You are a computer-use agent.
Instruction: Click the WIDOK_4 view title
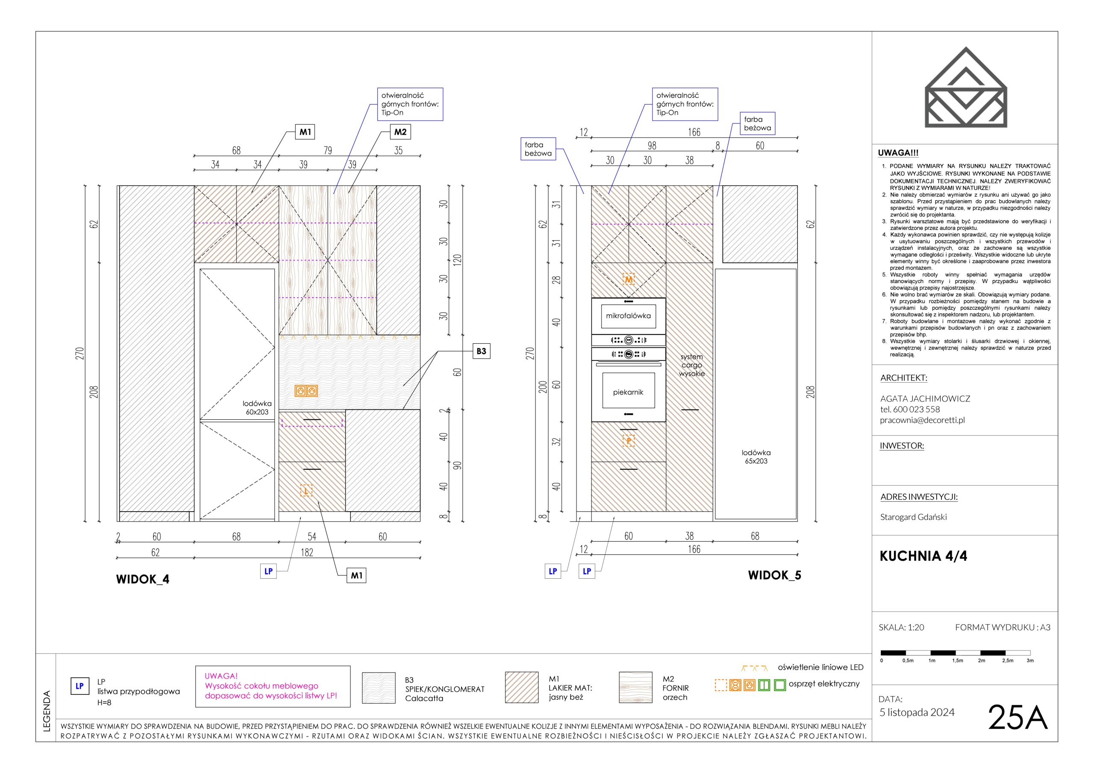(142, 579)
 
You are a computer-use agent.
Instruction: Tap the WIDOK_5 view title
(774, 575)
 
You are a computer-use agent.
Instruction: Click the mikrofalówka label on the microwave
(628, 316)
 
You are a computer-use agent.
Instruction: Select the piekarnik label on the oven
(628, 392)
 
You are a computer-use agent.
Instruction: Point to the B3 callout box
(481, 351)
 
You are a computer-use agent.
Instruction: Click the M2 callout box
(400, 132)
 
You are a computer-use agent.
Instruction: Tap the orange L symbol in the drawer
(306, 490)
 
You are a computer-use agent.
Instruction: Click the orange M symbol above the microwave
(629, 279)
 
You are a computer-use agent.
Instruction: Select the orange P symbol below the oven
(629, 441)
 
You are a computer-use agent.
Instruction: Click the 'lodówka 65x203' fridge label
(756, 457)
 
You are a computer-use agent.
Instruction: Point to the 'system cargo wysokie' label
(691, 365)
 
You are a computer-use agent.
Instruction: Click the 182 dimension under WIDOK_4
(307, 552)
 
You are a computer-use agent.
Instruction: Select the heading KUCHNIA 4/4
(923, 556)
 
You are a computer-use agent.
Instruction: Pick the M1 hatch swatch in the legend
(522, 687)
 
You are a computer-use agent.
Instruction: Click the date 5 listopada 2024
(917, 712)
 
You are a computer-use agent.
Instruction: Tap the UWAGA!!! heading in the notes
(898, 153)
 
